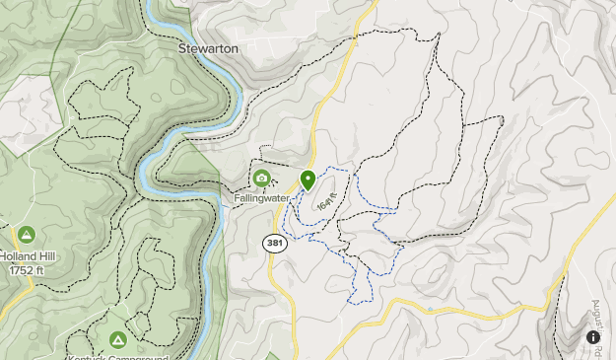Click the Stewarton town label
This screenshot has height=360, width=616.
pyautogui.click(x=209, y=47)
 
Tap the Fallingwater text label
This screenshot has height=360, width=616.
pyautogui.click(x=261, y=197)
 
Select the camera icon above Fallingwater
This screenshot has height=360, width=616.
pyautogui.click(x=261, y=179)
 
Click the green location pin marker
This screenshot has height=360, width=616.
pyautogui.click(x=308, y=181)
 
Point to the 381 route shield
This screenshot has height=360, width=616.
pyautogui.click(x=275, y=242)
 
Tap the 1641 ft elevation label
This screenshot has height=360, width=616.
pyautogui.click(x=327, y=202)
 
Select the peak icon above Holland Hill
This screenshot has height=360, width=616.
pyautogui.click(x=27, y=235)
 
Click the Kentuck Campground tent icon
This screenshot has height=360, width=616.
pyautogui.click(x=118, y=340)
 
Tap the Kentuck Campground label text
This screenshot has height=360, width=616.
pyautogui.click(x=118, y=357)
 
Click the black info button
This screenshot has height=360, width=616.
pyautogui.click(x=593, y=337)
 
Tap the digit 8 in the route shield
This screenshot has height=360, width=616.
pyautogui.click(x=275, y=242)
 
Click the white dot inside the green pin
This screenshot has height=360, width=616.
pyautogui.click(x=308, y=179)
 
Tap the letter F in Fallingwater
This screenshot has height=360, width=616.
pyautogui.click(x=238, y=197)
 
